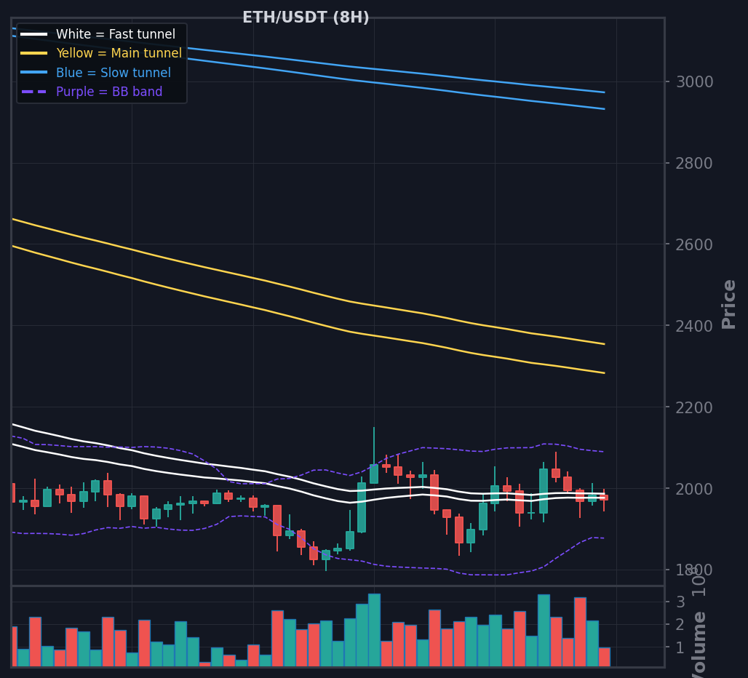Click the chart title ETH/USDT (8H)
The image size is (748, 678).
click(x=306, y=17)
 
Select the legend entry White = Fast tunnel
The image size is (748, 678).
click(x=115, y=34)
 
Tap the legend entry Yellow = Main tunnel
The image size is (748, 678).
click(x=119, y=53)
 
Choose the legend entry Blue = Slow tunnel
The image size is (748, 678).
click(x=113, y=73)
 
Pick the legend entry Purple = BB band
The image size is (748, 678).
click(x=109, y=92)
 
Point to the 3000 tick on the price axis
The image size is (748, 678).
click(x=695, y=81)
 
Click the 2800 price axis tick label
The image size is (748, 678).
click(x=695, y=163)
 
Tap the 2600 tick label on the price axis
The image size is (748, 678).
click(x=695, y=244)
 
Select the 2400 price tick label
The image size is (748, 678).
click(x=695, y=326)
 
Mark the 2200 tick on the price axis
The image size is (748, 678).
click(x=695, y=407)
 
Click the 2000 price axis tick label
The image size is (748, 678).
click(x=695, y=489)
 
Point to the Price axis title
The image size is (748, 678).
click(x=728, y=304)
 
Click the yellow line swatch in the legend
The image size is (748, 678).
click(x=33, y=53)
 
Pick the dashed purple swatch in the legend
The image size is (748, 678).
click(x=33, y=92)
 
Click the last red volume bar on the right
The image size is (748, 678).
click(x=604, y=657)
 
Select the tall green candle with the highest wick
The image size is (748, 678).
click(x=374, y=473)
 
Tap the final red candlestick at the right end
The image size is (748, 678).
click(x=604, y=498)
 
